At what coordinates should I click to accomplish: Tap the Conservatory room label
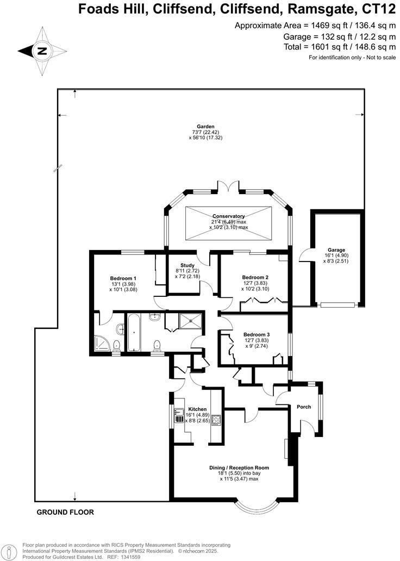228,216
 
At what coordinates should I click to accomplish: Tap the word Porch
304,407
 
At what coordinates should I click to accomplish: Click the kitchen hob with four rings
214,420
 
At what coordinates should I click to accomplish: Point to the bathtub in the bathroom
134,332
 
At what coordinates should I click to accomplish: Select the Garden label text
207,126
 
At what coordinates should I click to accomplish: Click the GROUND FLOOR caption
65,512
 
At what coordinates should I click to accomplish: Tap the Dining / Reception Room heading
239,467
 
